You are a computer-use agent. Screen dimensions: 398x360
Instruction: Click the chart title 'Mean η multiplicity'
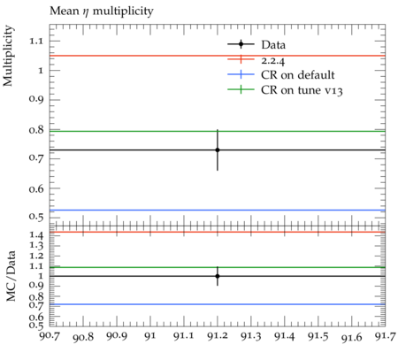[102, 11]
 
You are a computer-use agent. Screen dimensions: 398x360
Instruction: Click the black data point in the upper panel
[218, 150]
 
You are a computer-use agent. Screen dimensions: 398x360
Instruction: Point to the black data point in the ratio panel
[218, 276]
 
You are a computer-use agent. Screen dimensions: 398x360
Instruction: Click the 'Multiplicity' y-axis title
[8, 56]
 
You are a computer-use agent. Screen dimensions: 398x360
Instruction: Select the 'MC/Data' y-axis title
[11, 276]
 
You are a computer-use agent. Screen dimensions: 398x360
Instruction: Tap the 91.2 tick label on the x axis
[218, 336]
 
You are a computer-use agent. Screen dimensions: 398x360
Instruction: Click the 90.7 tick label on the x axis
[50, 336]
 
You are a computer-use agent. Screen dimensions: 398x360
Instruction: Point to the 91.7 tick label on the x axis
[385, 336]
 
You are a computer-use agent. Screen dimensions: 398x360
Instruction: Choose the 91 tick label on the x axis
[150, 336]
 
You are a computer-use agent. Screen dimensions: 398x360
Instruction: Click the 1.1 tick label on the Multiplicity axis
[35, 41]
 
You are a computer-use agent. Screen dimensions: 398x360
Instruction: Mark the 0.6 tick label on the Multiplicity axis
[35, 188]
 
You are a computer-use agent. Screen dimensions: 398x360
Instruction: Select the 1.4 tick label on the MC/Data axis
[36, 235]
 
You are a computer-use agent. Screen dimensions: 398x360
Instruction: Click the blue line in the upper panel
[218, 211]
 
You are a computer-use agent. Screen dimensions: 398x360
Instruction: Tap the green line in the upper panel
[218, 131]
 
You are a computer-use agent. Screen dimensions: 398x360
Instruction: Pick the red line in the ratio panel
[218, 232]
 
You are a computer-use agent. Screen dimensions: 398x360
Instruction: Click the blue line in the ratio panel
[218, 304]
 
